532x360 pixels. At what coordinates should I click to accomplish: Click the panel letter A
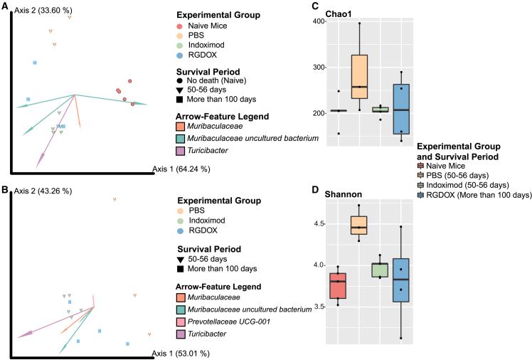[x=5, y=6]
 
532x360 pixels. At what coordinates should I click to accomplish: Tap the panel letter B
[x=5, y=191]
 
